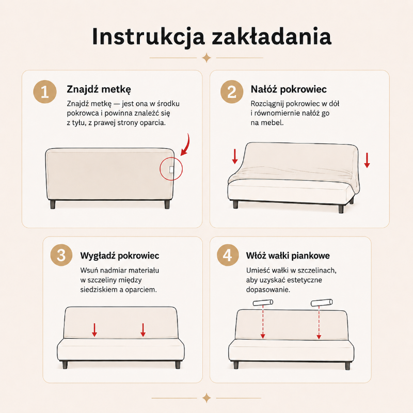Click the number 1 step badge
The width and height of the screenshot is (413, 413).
(45, 92)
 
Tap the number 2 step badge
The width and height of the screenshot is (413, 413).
(232, 92)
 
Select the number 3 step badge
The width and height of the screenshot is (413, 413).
(61, 255)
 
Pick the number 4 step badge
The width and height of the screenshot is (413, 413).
(228, 255)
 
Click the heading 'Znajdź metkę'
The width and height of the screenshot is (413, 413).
(99, 89)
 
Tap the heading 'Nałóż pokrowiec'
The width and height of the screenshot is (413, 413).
(289, 89)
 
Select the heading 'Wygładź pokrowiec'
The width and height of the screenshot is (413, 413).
(120, 256)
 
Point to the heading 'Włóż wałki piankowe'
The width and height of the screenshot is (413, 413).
(288, 256)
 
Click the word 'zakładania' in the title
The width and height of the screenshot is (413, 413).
(272, 36)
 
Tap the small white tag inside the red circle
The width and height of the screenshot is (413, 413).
(171, 169)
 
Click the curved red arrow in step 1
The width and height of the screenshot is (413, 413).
(186, 146)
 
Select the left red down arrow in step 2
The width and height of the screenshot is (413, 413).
(235, 156)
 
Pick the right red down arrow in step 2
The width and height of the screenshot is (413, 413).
(367, 160)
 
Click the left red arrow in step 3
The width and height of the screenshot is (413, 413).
(94, 330)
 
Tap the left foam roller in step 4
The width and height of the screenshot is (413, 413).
(263, 303)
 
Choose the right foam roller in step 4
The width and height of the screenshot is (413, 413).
(322, 303)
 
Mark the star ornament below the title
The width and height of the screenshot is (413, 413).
(206, 58)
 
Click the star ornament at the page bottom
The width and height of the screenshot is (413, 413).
(206, 398)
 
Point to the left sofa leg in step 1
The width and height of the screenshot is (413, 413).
(53, 204)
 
